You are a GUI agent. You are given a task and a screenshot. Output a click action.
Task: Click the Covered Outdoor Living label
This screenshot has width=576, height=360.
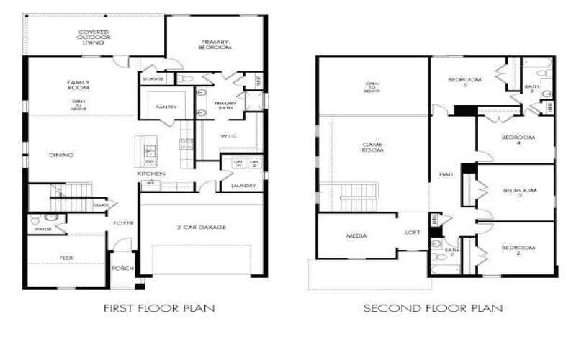point(94,37)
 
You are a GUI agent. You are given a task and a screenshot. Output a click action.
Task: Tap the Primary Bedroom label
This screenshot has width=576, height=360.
point(215,43)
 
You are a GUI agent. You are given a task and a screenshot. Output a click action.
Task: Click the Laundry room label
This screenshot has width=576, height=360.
point(243,186)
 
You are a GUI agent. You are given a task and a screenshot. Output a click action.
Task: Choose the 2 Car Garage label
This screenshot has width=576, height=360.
point(202,228)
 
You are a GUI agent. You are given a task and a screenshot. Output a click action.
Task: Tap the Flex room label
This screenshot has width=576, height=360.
point(66,257)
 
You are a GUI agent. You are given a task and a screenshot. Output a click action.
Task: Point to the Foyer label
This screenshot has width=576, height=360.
point(123,223)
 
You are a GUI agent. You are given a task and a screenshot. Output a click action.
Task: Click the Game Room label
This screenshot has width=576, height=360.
point(372,148)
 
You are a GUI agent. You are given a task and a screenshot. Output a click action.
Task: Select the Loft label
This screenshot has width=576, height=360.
point(412,233)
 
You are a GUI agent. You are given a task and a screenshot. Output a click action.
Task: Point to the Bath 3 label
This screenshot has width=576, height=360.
point(531,88)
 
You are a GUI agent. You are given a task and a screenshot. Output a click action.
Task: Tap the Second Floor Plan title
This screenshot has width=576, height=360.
point(433,307)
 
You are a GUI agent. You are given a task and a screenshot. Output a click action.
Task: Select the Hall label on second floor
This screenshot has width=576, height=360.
point(446,174)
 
